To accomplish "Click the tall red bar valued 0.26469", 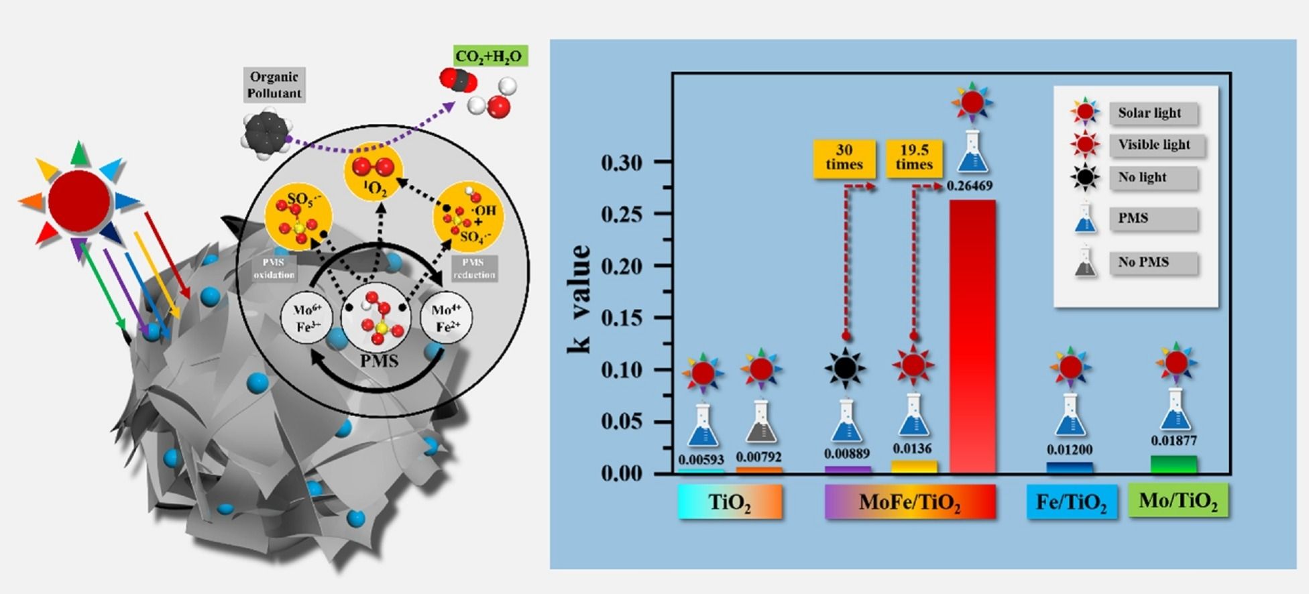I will [x=972, y=335].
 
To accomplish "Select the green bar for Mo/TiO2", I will [x=1174, y=465].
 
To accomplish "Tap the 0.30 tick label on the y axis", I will [x=622, y=162].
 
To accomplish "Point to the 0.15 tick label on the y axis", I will [x=622, y=318].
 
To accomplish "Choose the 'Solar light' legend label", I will [x=1149, y=113].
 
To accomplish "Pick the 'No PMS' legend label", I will [x=1143, y=262].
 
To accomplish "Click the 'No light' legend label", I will [x=1142, y=177].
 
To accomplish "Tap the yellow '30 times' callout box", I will [x=844, y=159].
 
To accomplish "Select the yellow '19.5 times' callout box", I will [x=914, y=159].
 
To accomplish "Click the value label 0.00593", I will [x=701, y=460].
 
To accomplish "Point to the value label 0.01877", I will [x=1174, y=440].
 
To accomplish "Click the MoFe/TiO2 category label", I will [x=910, y=502].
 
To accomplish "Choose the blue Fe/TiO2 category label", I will [x=1072, y=502].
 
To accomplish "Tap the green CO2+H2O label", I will [x=489, y=57].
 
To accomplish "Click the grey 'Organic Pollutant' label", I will [x=274, y=84].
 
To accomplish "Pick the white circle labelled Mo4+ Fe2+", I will [x=446, y=318].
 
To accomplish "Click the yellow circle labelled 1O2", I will [x=374, y=172].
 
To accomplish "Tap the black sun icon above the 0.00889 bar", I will [x=845, y=367].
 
